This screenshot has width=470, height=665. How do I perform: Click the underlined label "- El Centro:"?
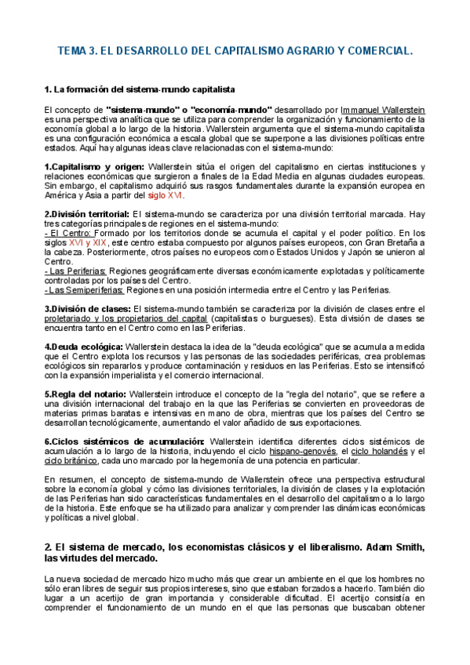pos(68,234)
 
